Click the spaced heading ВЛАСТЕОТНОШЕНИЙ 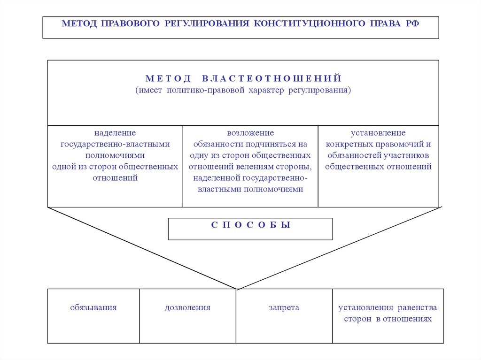click(x=272, y=78)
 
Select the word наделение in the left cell click(x=115, y=133)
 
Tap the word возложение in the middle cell click(x=250, y=133)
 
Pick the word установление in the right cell click(x=378, y=133)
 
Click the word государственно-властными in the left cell click(x=115, y=144)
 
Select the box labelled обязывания click(x=93, y=315)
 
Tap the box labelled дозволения click(x=187, y=315)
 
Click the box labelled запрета click(x=284, y=315)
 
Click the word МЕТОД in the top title click(x=78, y=23)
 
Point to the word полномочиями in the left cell click(x=115, y=155)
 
